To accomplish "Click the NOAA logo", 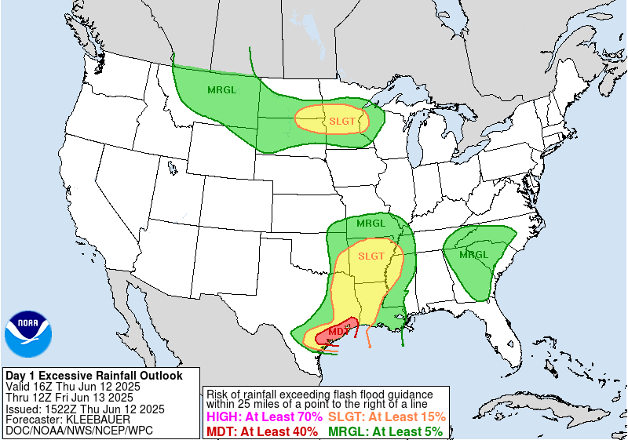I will point(29,334).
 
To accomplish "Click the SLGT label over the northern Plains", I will point(342,121).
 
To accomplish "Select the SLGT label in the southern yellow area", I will point(371,256).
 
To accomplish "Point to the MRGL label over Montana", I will point(221,89).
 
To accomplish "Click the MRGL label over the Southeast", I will point(474,255).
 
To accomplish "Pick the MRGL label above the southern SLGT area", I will point(371,224).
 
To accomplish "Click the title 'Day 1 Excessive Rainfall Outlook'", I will point(94,376).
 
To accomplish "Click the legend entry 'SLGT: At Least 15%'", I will point(387,417).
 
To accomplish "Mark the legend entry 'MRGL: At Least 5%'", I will point(385,431).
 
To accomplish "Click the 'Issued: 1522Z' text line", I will point(85,409).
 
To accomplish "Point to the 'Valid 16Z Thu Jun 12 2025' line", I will point(73,387).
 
